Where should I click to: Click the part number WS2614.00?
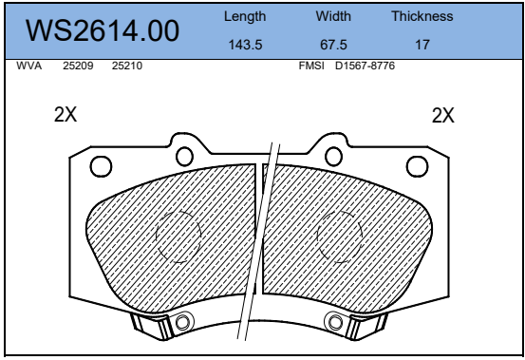pos(103,30)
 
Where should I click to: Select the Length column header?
pos(245,17)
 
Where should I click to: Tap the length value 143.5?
pos(245,45)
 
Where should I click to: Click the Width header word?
pos(333,16)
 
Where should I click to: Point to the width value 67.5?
pos(333,45)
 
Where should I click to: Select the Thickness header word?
pos(422,16)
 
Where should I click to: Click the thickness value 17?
pos(422,45)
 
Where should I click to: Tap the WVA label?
pos(29,66)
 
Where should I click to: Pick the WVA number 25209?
pos(78,66)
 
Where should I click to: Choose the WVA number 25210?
pos(127,66)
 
